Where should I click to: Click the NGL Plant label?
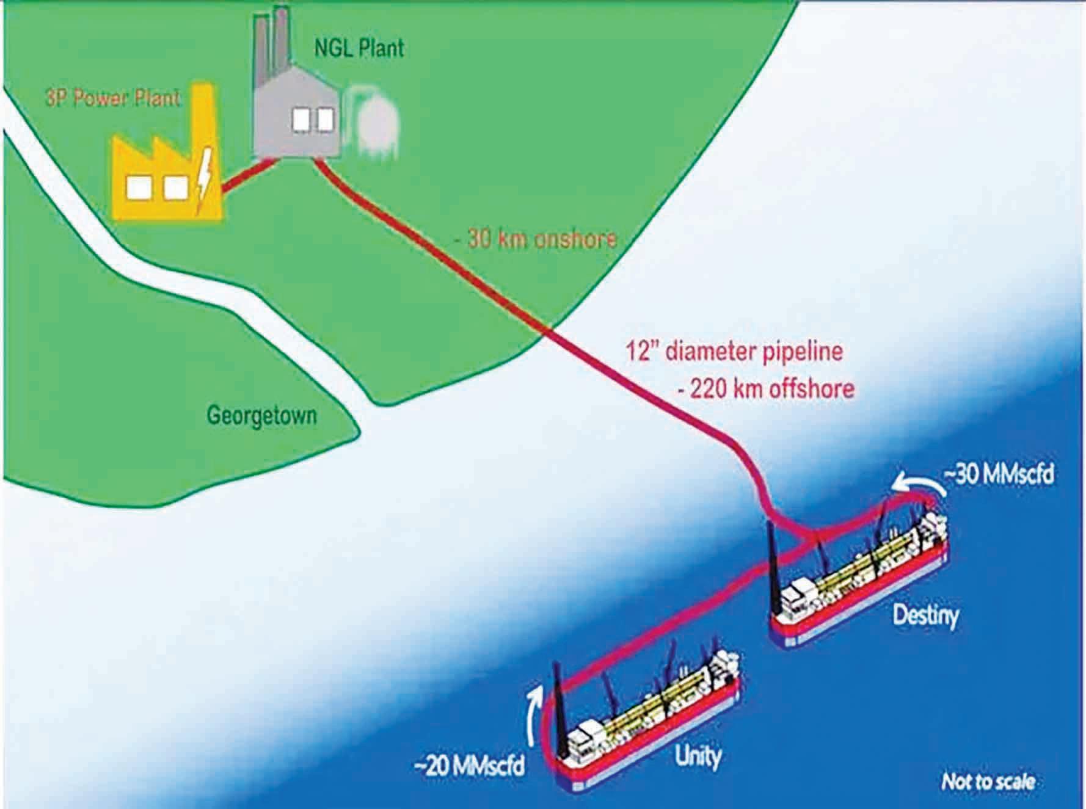359,48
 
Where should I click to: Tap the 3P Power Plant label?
113,98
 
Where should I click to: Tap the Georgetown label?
262,416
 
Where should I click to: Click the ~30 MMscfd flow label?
998,476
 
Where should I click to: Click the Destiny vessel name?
925,614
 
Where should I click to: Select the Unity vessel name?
698,758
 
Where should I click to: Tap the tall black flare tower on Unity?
559,696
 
